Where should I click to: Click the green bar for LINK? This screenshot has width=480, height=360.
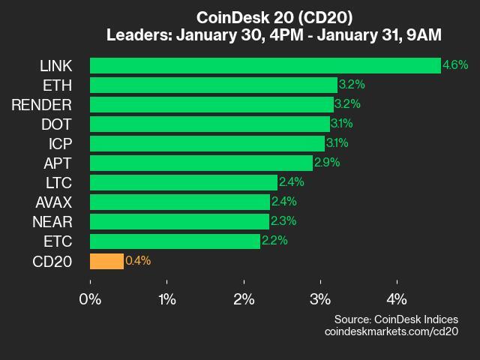point(265,65)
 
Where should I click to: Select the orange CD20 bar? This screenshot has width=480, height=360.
point(106,261)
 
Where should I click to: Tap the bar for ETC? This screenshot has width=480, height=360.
point(175,241)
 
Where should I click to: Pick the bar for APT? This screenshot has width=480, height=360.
point(201,163)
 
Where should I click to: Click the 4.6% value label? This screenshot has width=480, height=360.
point(455,65)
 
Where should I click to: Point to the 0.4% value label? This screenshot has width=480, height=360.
point(138,261)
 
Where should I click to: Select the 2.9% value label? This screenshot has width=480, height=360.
point(327,163)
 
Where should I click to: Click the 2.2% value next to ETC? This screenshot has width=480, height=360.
point(274,241)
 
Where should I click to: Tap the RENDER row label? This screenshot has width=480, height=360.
point(42,104)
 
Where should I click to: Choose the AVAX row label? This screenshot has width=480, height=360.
point(53,202)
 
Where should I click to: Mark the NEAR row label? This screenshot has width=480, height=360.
point(52,221)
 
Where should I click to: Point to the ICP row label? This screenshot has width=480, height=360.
point(61,143)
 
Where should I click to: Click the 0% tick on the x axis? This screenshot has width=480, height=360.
point(90,298)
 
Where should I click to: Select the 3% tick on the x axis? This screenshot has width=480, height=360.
point(320,298)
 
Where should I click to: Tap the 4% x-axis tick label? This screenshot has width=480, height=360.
point(397,298)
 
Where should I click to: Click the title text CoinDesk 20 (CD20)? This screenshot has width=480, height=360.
point(274,16)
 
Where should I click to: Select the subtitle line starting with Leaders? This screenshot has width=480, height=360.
point(274,34)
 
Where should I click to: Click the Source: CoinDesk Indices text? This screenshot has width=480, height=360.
point(396,319)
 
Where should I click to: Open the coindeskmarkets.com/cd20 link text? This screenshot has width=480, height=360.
point(391,331)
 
